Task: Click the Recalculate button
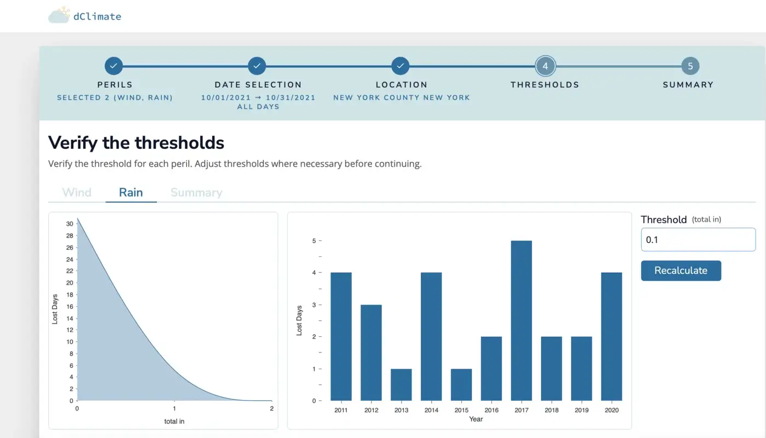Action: (x=681, y=270)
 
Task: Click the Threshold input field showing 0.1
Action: (x=698, y=240)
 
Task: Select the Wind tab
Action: (x=77, y=192)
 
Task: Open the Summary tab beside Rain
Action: (x=196, y=192)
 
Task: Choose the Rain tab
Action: (x=131, y=192)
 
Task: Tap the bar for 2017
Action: (x=521, y=320)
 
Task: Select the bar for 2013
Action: (x=401, y=384)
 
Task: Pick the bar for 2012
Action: (x=371, y=353)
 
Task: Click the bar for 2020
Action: (x=612, y=336)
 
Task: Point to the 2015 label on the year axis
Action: (x=461, y=410)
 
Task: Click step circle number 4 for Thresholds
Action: (x=545, y=66)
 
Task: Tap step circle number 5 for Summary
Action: (x=690, y=66)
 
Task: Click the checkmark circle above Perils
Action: (x=114, y=66)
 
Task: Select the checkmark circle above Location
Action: (x=401, y=66)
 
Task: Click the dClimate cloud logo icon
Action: (x=59, y=15)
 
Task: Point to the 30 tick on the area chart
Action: (x=70, y=224)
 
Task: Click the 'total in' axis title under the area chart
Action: (x=174, y=421)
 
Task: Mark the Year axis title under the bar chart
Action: (x=476, y=419)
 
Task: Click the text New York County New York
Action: (x=402, y=97)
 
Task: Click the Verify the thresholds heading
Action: (x=136, y=143)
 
